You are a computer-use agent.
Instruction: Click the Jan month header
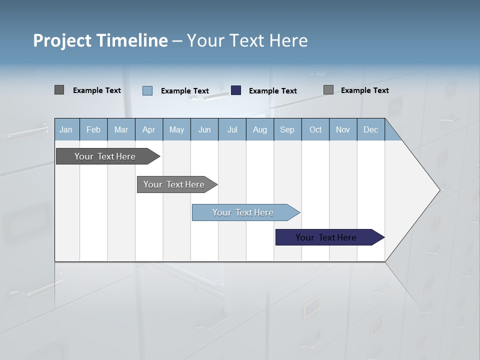coord(66,129)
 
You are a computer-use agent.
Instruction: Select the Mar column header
coord(121,129)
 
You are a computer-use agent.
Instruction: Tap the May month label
coord(176,129)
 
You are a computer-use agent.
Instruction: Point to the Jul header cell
coord(232,129)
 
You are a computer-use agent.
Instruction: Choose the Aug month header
coord(260,129)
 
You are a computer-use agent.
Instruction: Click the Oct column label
coord(315,129)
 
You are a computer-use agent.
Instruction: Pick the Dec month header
coord(370,129)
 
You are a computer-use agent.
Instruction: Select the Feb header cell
coord(93,129)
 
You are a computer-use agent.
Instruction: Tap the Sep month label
coord(287,129)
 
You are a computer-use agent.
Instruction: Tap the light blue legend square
coord(147,90)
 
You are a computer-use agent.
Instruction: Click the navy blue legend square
coord(236,90)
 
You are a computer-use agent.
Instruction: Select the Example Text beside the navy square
coord(272,91)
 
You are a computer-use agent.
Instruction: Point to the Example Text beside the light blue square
coord(184,91)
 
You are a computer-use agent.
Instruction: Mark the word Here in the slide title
coord(288,40)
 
